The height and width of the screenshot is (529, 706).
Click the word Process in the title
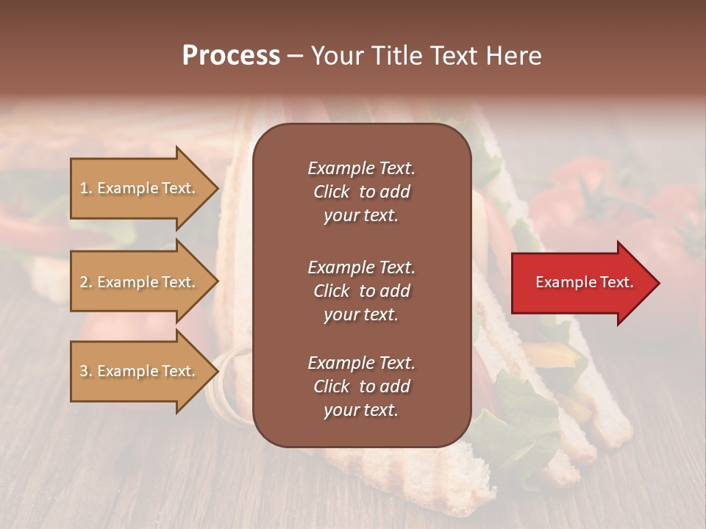pyautogui.click(x=231, y=56)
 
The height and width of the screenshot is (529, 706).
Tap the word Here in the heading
pyautogui.click(x=513, y=56)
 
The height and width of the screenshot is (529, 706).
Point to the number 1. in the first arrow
pyautogui.click(x=86, y=188)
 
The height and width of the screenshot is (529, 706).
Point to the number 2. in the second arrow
pyautogui.click(x=86, y=282)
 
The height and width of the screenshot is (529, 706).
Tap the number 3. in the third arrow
pyautogui.click(x=86, y=371)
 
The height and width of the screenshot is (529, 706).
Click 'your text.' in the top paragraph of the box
pyautogui.click(x=361, y=216)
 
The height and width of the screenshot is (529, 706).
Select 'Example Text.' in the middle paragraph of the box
pyautogui.click(x=361, y=267)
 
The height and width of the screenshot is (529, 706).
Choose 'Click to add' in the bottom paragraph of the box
pyautogui.click(x=361, y=386)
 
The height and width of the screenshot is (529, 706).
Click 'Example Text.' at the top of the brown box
pyautogui.click(x=361, y=168)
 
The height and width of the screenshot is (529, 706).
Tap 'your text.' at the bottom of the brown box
pyautogui.click(x=361, y=411)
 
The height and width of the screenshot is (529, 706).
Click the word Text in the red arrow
pyautogui.click(x=613, y=282)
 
